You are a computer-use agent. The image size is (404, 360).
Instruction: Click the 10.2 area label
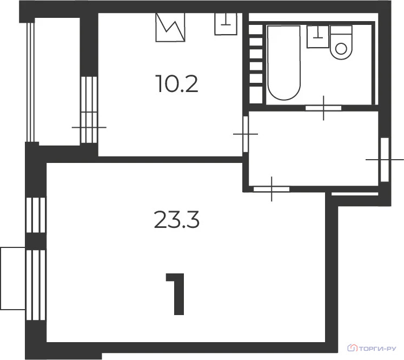pos(176,84)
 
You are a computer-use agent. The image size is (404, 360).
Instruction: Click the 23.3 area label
pos(177,220)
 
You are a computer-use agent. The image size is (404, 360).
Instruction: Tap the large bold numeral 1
pos(176,294)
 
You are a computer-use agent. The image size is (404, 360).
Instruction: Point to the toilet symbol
pos(341,43)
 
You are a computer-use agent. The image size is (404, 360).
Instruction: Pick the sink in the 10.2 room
pos(226,23)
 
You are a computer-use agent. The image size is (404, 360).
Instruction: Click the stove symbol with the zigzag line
pos(170,27)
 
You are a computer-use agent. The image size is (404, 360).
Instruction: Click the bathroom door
pos(323,108)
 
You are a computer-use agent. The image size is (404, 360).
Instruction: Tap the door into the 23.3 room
pos(271,188)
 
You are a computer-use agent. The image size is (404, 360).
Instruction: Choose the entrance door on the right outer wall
pos(385,160)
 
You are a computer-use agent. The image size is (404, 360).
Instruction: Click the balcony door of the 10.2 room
pos(89,110)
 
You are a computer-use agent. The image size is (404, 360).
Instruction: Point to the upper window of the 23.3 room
pos(36,215)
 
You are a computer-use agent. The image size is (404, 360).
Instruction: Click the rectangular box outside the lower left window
pos(13,278)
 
